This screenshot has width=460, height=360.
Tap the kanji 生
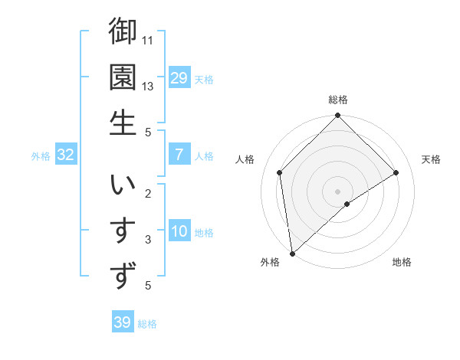123,122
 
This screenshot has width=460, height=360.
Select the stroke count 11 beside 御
149,39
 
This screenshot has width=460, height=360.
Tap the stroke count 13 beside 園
149,86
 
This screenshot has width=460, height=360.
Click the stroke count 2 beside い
148,194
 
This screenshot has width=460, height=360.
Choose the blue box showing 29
179,78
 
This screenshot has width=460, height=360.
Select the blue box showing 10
179,232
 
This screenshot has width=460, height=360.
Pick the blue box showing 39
122,322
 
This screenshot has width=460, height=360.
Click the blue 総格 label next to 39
147,324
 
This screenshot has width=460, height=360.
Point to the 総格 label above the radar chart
337,100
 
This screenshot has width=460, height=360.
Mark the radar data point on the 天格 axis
396,172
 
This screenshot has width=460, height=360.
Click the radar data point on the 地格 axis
347,204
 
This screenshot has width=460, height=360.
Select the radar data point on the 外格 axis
292,253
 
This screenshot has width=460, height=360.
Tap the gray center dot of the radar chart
337,191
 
